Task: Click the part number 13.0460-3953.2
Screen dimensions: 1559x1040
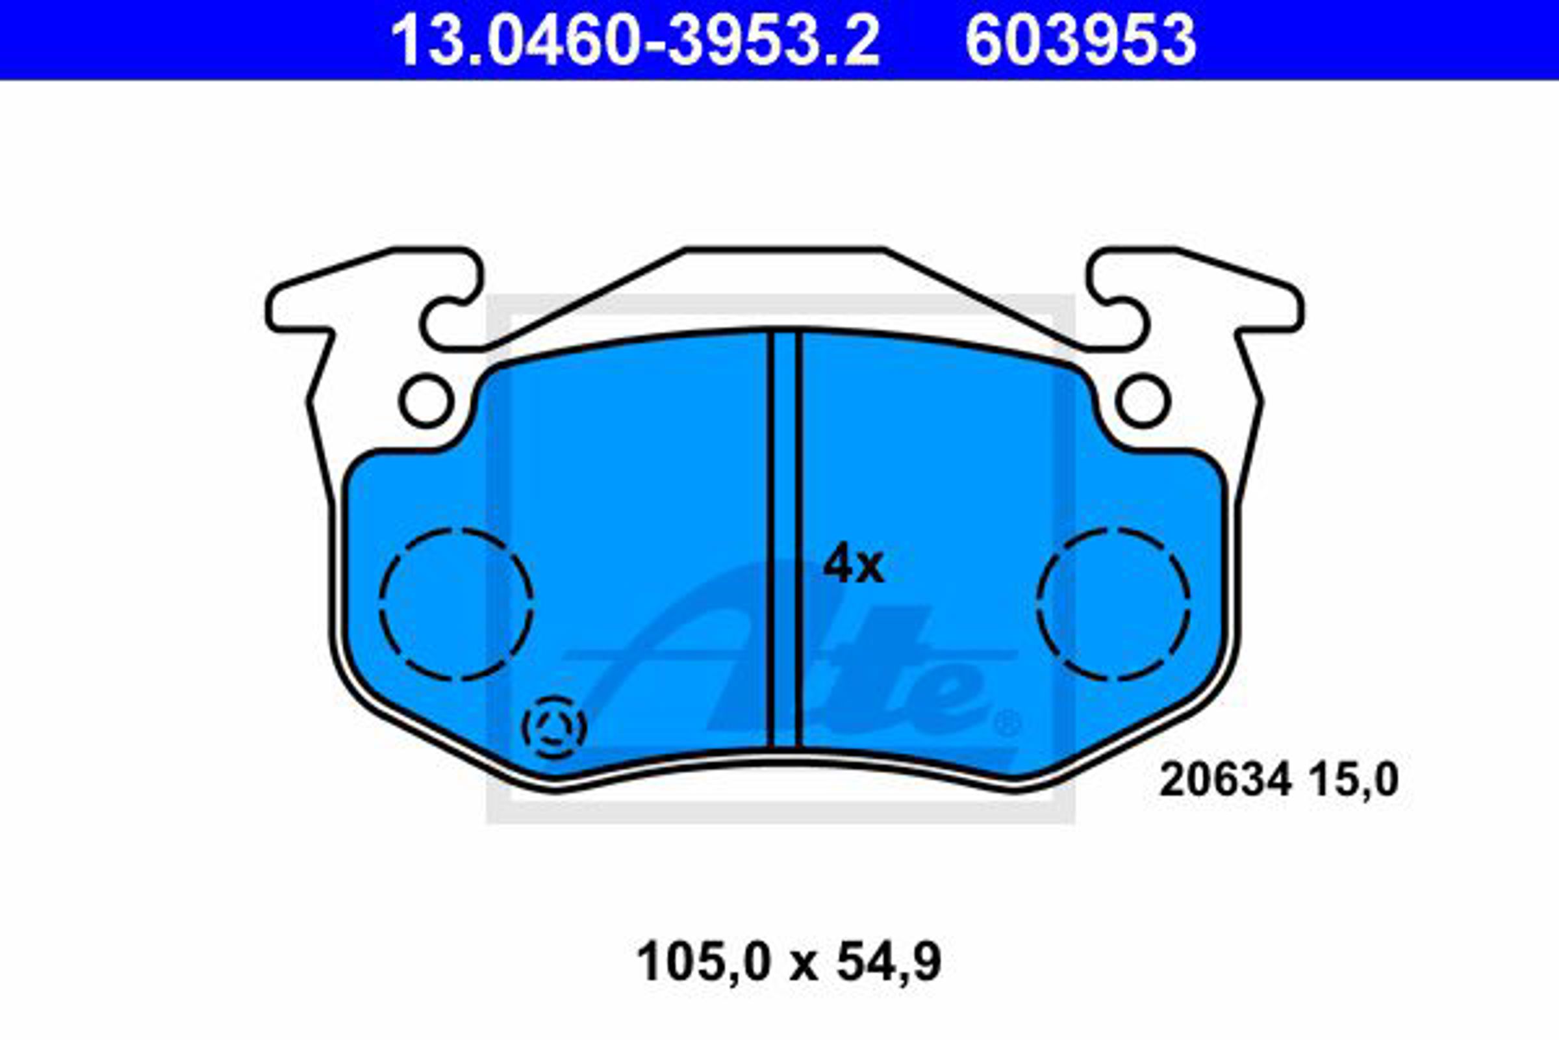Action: [x=635, y=40]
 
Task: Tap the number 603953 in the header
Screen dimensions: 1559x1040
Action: [x=1080, y=40]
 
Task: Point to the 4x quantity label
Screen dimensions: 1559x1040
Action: [x=853, y=564]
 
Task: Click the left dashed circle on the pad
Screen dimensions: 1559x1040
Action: [x=456, y=604]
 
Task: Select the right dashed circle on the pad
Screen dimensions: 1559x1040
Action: [x=1113, y=604]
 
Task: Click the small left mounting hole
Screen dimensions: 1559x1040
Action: [x=427, y=400]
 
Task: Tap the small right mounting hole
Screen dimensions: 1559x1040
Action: [x=1143, y=400]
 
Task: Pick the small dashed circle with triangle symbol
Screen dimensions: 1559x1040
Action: [x=554, y=727]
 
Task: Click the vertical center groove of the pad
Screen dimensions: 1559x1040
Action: [x=785, y=539]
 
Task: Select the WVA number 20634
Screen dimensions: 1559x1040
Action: [x=1226, y=779]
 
